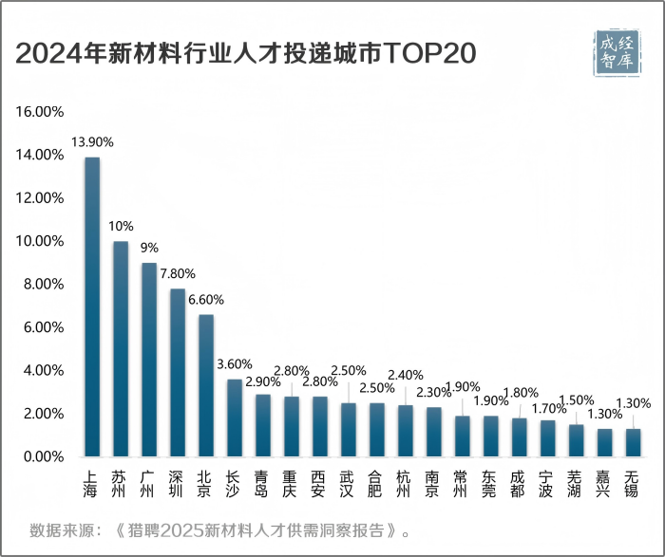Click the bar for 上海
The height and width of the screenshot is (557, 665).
click(x=92, y=306)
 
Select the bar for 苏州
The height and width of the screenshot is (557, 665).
click(x=121, y=348)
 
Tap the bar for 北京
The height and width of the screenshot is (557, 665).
click(x=206, y=385)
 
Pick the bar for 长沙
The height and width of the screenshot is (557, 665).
click(x=235, y=418)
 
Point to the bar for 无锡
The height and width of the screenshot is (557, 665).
click(x=634, y=442)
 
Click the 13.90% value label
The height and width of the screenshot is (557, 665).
click(x=92, y=141)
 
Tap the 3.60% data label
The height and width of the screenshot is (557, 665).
click(x=235, y=363)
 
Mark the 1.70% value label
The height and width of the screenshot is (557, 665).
click(x=547, y=409)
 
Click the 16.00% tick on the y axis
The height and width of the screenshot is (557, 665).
click(x=39, y=112)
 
